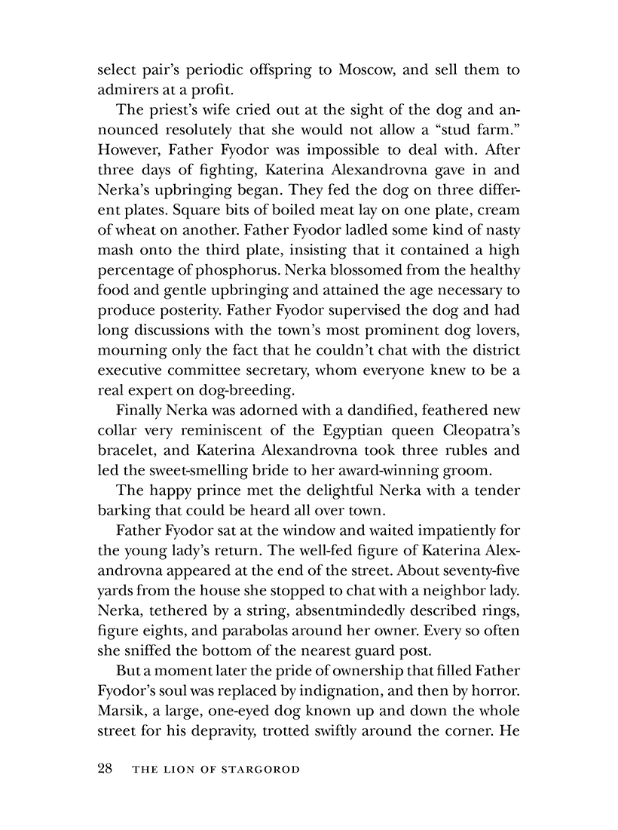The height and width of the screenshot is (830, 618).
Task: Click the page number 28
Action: click(x=106, y=769)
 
